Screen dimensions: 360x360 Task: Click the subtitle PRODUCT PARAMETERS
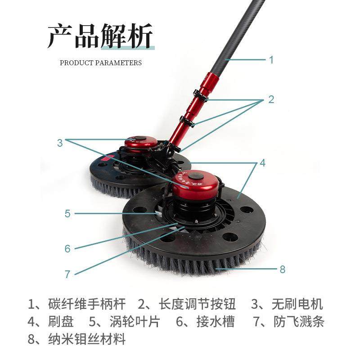pyautogui.click(x=101, y=63)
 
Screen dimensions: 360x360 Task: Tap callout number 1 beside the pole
pyautogui.click(x=271, y=59)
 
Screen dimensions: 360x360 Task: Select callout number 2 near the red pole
pyautogui.click(x=271, y=99)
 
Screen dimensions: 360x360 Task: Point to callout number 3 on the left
pyautogui.click(x=60, y=143)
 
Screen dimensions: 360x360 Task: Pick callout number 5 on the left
pyautogui.click(x=67, y=213)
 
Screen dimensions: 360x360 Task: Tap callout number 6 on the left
pyautogui.click(x=67, y=248)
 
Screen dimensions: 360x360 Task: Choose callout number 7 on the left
pyautogui.click(x=67, y=274)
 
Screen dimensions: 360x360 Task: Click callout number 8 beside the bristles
pyautogui.click(x=283, y=269)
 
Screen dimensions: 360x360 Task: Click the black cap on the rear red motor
pyautogui.click(x=140, y=139)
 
